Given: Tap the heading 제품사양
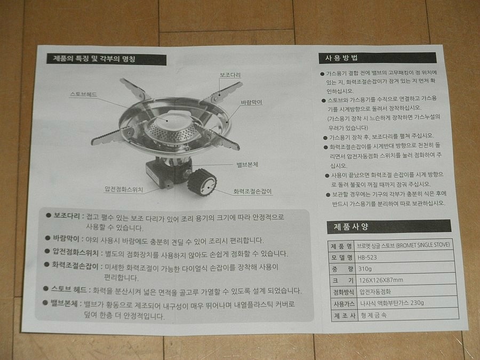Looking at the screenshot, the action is [351, 227].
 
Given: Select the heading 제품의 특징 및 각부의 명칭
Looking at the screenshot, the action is [94, 59].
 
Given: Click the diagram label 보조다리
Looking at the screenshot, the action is [230, 75].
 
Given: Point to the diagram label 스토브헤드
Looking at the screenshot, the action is [84, 94].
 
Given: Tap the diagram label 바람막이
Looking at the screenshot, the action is [251, 102].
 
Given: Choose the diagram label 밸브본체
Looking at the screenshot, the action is [247, 165].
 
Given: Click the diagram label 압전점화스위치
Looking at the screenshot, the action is [124, 189].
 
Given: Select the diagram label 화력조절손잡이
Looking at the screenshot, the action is [253, 191].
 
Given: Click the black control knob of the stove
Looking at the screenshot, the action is [202, 182].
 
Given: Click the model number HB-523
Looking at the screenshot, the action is [367, 258].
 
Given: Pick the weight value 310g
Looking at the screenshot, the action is [365, 269].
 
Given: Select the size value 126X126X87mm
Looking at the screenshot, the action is [381, 280].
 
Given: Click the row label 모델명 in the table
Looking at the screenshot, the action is [342, 258].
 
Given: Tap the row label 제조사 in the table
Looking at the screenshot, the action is [345, 315].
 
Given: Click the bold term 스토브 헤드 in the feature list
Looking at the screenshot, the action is [69, 289].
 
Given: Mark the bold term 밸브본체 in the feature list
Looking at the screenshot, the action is [64, 303].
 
